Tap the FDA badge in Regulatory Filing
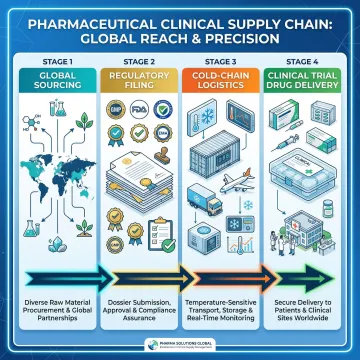[x=146, y=130]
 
